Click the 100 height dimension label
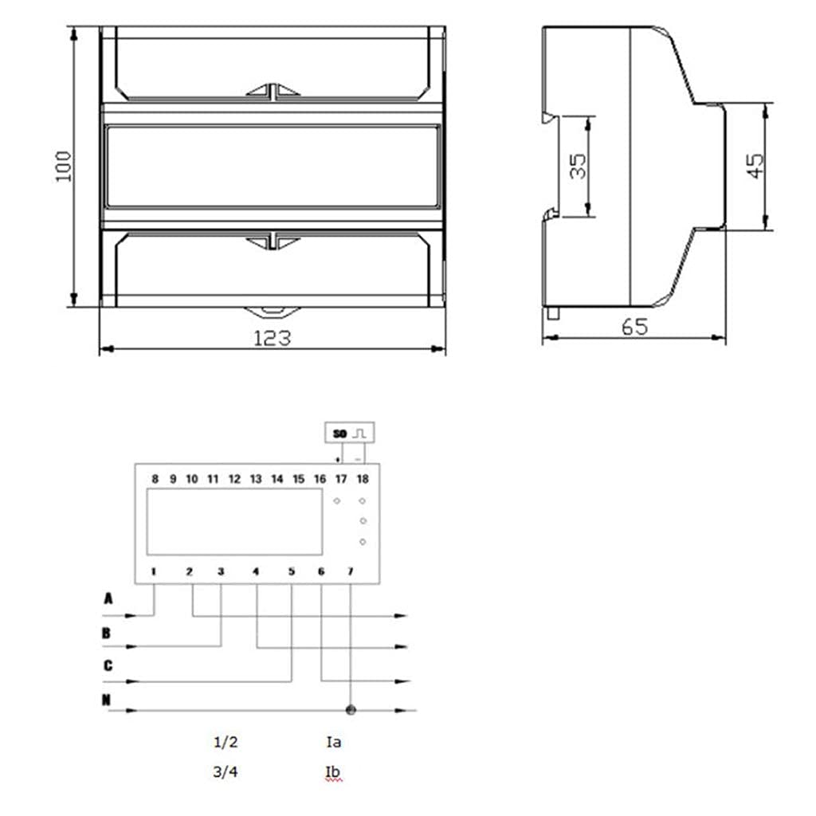(x=64, y=167)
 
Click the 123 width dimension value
(x=273, y=338)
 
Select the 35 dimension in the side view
(x=579, y=166)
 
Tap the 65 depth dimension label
(x=635, y=328)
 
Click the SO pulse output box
(x=351, y=433)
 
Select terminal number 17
(x=340, y=480)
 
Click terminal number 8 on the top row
(x=155, y=480)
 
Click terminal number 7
(x=351, y=571)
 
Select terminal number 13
(x=255, y=480)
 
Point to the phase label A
(x=108, y=598)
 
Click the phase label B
(x=107, y=634)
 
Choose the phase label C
(x=108, y=666)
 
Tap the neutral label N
(x=107, y=700)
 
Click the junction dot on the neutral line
(x=351, y=709)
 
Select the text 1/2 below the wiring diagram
(x=226, y=742)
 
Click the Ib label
(x=334, y=772)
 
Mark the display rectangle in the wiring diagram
(x=234, y=522)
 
